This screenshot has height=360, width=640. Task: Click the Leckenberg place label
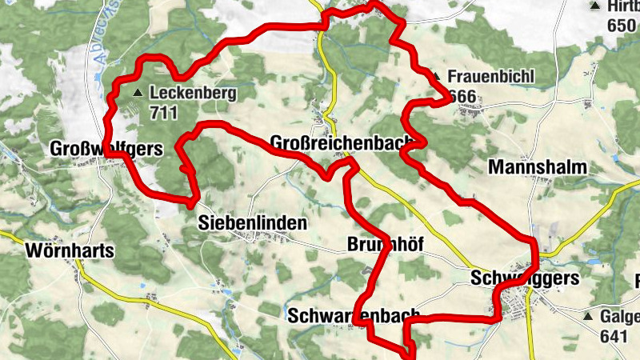tap(192, 93)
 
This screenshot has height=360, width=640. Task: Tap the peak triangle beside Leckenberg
tap(138, 93)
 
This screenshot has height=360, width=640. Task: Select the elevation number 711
tap(162, 112)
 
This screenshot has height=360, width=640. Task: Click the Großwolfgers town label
tap(106, 149)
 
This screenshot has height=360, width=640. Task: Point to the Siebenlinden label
tap(251, 224)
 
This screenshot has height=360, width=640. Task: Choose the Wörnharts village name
tap(70, 250)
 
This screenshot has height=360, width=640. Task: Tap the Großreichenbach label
tap(342, 143)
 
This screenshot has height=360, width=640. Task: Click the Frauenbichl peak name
tap(491, 78)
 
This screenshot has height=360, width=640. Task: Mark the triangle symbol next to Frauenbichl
tap(437, 78)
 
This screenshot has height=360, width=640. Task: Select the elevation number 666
tap(462, 97)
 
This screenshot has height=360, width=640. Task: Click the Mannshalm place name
tap(537, 168)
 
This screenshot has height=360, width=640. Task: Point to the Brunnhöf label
tap(385, 244)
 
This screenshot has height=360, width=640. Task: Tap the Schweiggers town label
tap(525, 278)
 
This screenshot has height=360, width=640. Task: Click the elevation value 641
tap(612, 336)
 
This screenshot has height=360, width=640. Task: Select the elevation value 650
tap(621, 25)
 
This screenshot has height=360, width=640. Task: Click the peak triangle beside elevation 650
tap(594, 6)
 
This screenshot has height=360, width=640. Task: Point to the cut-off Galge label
tap(619, 317)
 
